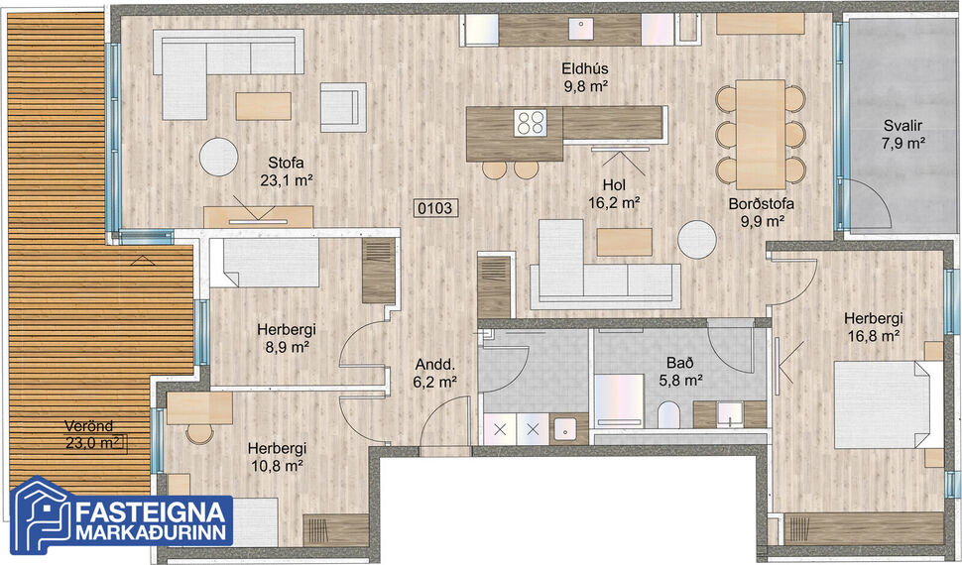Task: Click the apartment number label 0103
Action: (436, 208)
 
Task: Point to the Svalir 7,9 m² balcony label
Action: (902, 135)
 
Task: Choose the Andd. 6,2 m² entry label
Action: (435, 371)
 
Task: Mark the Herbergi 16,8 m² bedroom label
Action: (873, 327)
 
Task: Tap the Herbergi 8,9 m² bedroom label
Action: (282, 338)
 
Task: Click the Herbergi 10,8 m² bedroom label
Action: (278, 455)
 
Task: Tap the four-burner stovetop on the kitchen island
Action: (531, 122)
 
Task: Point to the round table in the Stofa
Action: (218, 156)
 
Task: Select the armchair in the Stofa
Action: (340, 106)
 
